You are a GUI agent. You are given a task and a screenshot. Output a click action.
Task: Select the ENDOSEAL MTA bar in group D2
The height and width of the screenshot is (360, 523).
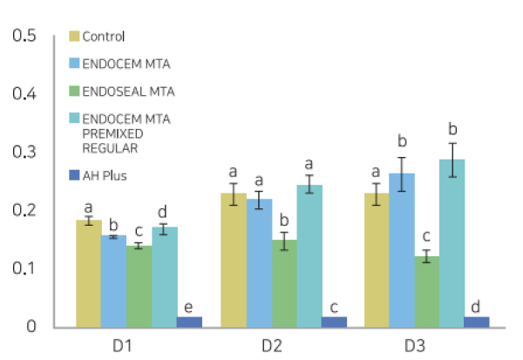pyautogui.click(x=283, y=283)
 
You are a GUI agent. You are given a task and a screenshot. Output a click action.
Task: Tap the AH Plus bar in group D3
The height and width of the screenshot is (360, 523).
pyautogui.click(x=477, y=322)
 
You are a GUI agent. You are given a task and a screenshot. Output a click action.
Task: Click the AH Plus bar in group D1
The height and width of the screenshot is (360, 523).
pyautogui.click(x=189, y=322)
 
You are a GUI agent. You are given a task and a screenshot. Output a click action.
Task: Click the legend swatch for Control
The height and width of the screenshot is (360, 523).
pyautogui.click(x=74, y=37)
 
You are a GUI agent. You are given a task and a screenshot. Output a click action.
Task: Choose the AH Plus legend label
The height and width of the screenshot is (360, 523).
pyautogui.click(x=105, y=176)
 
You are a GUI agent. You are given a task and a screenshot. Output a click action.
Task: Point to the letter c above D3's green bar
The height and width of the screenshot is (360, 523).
pyautogui.click(x=426, y=236)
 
